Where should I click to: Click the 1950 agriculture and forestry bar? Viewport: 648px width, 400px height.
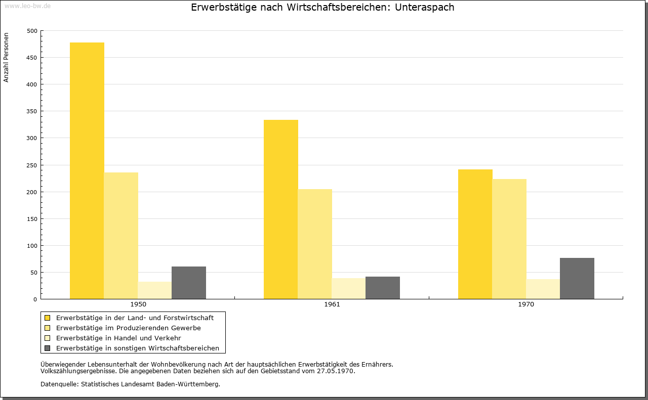(87, 171)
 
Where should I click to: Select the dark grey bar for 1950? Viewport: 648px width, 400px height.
(189, 283)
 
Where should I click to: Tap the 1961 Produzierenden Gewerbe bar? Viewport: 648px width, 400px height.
(315, 244)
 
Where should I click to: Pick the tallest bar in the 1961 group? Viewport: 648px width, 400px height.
(281, 209)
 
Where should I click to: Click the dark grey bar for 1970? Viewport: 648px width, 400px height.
(577, 278)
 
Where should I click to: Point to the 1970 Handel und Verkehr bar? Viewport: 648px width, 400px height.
(543, 289)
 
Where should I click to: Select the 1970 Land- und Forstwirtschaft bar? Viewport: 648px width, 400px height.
(475, 234)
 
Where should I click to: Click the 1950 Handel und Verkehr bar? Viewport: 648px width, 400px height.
(155, 290)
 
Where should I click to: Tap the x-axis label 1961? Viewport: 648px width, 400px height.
(332, 304)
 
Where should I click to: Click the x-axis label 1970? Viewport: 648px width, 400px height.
(526, 304)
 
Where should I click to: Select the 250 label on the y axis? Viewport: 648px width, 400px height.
(32, 165)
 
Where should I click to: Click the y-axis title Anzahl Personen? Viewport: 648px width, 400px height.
(6, 58)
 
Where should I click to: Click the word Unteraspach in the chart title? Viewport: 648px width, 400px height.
(424, 7)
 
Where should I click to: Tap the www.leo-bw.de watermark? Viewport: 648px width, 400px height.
(27, 6)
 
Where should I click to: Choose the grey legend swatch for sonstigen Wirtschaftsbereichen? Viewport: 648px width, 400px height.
(47, 348)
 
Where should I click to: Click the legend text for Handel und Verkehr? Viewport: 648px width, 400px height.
(118, 338)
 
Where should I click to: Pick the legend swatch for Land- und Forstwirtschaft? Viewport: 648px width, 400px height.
(47, 318)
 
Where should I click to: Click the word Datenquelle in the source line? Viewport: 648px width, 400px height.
(60, 384)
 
